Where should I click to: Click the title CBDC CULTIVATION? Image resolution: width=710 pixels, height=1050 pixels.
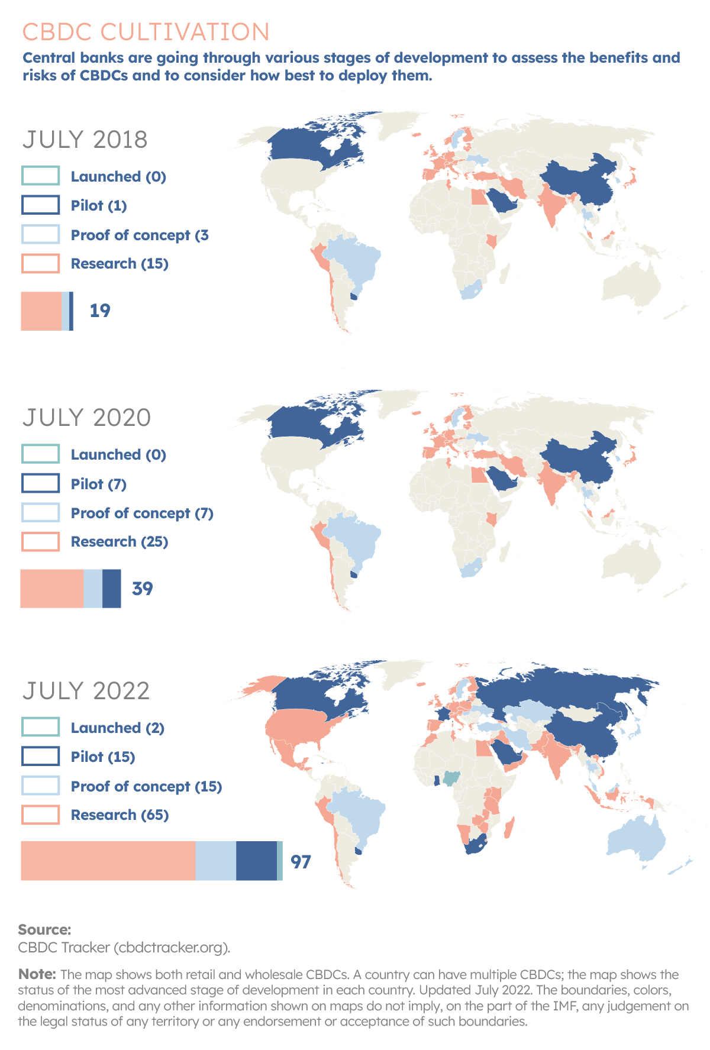[146, 32]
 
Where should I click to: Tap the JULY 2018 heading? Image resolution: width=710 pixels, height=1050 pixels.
[85, 140]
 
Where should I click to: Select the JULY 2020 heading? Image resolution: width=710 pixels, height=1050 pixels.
[86, 418]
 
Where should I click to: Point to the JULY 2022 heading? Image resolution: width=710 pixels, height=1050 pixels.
[86, 691]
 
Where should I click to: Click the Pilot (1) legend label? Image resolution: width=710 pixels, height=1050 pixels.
[98, 205]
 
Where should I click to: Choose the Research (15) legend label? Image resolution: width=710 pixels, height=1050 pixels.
[119, 264]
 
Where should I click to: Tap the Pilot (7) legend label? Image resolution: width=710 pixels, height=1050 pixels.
[98, 484]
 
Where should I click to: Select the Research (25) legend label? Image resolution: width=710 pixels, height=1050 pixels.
[119, 542]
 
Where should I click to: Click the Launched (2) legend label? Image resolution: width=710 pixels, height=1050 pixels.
[117, 728]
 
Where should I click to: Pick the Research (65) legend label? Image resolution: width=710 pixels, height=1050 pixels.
[120, 815]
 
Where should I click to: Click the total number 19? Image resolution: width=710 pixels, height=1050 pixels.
[100, 311]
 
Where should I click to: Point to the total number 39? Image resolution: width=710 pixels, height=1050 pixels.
[143, 589]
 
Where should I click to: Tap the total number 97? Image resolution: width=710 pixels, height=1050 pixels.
[301, 862]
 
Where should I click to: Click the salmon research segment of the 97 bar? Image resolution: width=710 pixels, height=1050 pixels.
[108, 861]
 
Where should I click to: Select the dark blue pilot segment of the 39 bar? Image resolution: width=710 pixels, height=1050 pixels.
[111, 589]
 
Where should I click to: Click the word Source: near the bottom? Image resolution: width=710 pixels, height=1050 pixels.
[44, 929]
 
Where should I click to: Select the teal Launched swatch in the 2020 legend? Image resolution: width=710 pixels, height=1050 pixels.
[40, 454]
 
